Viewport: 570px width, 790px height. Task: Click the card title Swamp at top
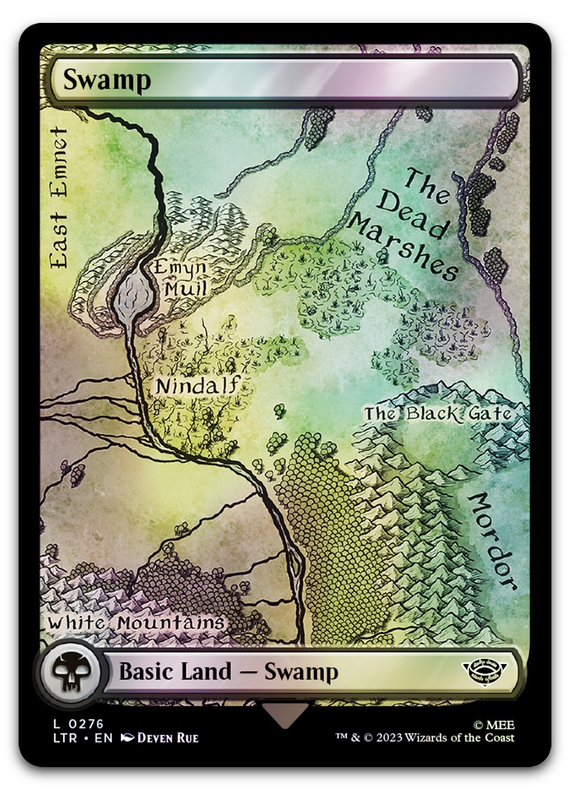tap(107, 80)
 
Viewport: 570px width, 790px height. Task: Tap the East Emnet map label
tap(58, 197)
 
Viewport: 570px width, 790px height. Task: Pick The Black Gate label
tap(438, 414)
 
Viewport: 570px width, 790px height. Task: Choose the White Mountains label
tap(136, 623)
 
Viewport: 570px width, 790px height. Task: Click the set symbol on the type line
tap(482, 671)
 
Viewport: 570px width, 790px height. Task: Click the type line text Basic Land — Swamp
tap(228, 672)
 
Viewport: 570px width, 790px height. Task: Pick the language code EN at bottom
tap(104, 738)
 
